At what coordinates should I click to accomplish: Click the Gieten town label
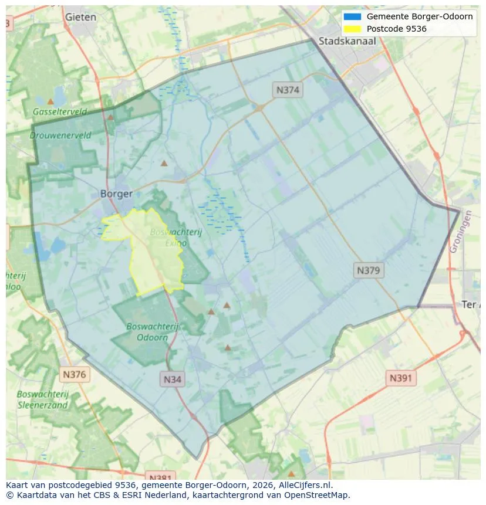coord(80,17)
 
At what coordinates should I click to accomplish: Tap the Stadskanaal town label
coord(347,41)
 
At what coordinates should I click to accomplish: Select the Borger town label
coord(116,194)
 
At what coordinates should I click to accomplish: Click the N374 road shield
coord(288,90)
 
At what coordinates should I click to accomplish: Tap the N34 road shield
coord(172,379)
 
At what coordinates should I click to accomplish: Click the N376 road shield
coord(75,374)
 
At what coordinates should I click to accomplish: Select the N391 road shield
coord(401,378)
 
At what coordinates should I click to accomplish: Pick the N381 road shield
coord(159,476)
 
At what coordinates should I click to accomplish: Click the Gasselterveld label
coord(59,111)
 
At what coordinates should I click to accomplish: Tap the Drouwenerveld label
coord(60,135)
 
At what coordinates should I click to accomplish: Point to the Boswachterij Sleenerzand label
coord(42,399)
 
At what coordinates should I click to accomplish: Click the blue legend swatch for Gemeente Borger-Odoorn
coord(353,16)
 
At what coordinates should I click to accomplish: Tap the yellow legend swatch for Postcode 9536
coord(353,29)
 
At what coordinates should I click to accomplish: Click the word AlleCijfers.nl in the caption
coord(305,485)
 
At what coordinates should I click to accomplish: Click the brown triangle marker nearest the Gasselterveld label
coord(50,101)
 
